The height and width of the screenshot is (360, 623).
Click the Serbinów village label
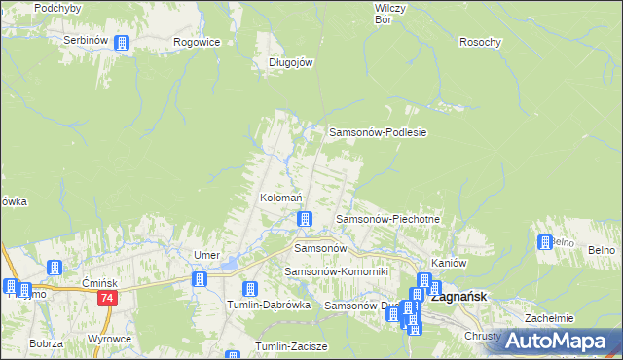point(85,41)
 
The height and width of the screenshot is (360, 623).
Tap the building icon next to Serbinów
point(122,43)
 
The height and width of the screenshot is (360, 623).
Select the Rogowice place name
point(197,42)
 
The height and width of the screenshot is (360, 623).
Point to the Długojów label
point(290,61)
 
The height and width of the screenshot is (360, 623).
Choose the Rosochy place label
point(480,42)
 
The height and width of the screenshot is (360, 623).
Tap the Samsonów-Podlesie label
point(380,131)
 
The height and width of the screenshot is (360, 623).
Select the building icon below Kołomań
point(305,219)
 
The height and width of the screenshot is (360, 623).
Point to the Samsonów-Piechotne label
point(387,220)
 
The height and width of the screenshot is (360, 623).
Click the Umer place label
point(205,255)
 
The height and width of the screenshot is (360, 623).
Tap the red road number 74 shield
point(108,299)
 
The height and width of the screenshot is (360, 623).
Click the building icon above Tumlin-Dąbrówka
point(249,289)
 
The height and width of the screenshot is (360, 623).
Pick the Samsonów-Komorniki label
point(336,270)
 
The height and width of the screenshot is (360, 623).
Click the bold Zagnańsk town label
point(465,298)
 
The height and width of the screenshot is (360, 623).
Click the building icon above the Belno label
point(544,243)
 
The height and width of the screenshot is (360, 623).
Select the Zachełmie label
point(549,318)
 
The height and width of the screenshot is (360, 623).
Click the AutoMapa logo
point(564,340)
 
